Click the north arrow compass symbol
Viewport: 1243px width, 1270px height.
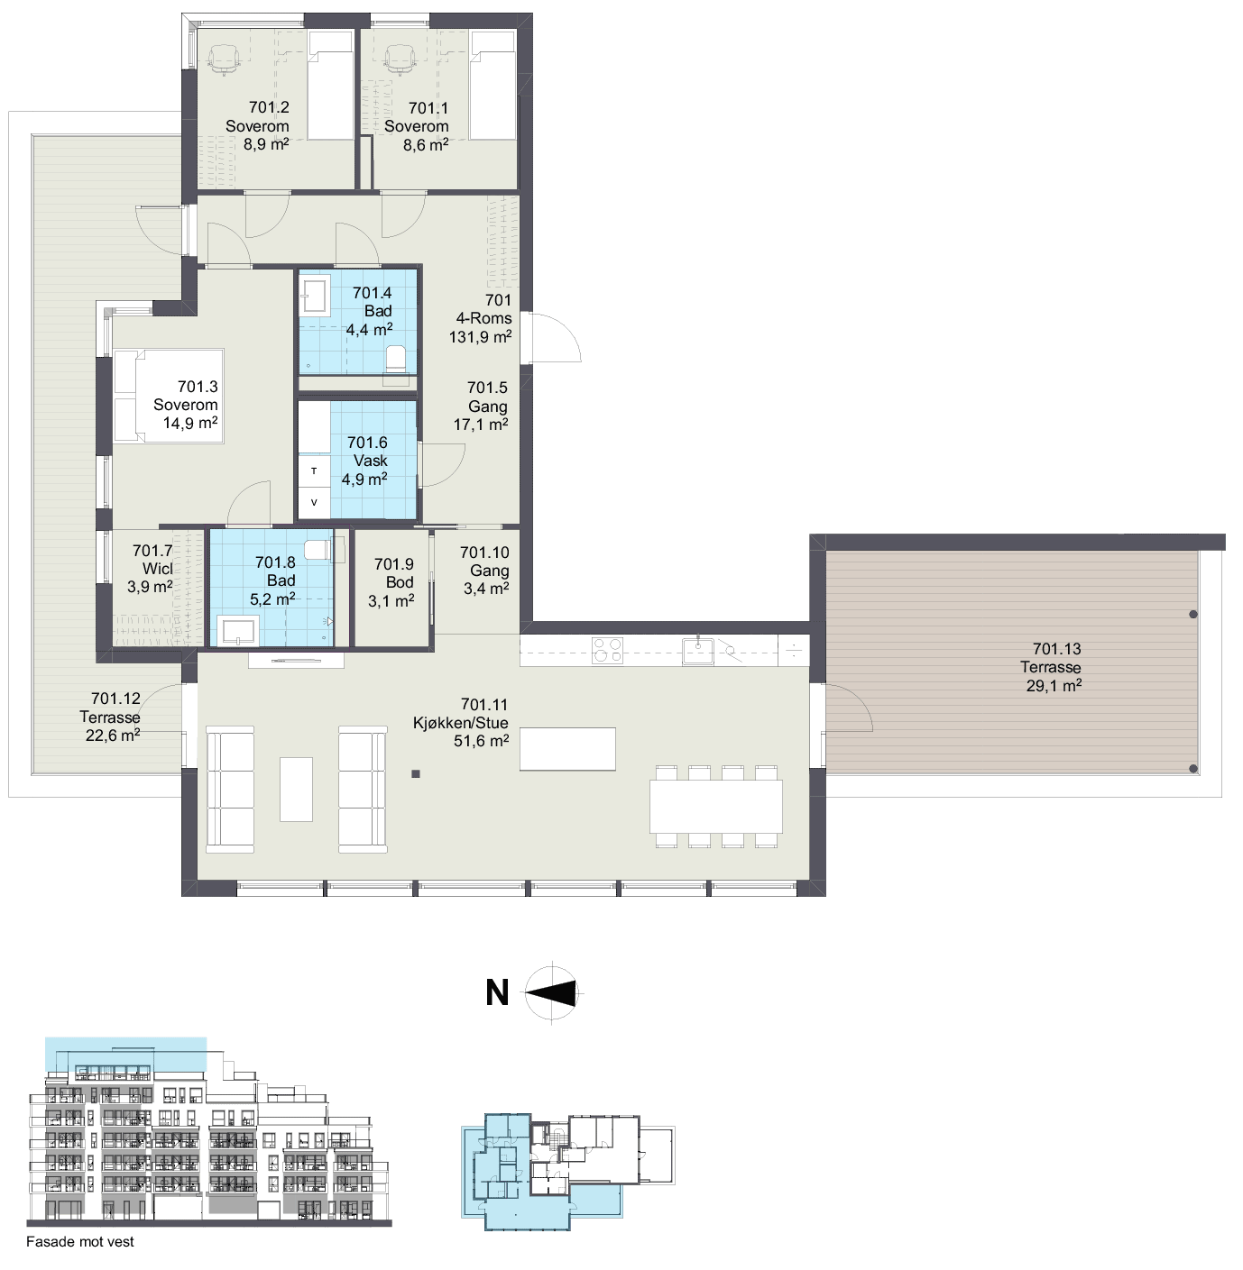click(x=553, y=993)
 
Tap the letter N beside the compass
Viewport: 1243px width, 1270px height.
click(x=497, y=993)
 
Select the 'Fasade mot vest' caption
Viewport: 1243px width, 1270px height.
click(x=79, y=1241)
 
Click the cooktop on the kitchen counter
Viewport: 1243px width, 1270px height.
click(x=607, y=651)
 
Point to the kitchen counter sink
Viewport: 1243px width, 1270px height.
click(x=697, y=651)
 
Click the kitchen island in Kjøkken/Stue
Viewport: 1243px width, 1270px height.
click(x=567, y=748)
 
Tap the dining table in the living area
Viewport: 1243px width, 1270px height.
click(x=716, y=807)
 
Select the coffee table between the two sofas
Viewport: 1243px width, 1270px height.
click(x=296, y=789)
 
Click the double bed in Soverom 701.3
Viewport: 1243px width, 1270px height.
click(x=169, y=397)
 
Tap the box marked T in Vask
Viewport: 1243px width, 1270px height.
click(x=314, y=471)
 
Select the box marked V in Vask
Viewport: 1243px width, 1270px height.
click(x=314, y=503)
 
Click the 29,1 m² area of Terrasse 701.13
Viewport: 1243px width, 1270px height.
click(x=1054, y=685)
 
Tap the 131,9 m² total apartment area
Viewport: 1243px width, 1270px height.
click(x=480, y=337)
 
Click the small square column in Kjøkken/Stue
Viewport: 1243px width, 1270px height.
click(x=416, y=774)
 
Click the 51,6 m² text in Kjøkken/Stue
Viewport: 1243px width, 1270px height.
click(x=482, y=741)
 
